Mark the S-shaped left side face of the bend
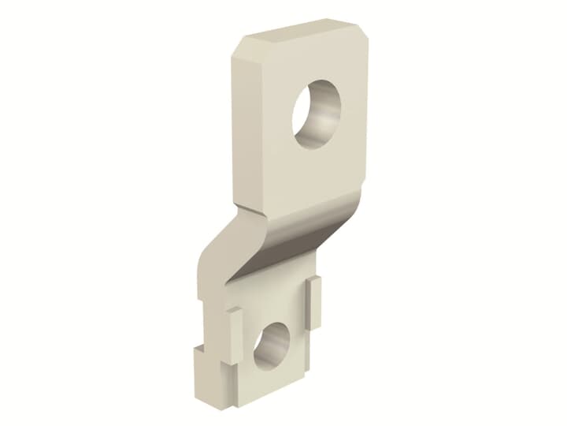coord(217,245)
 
